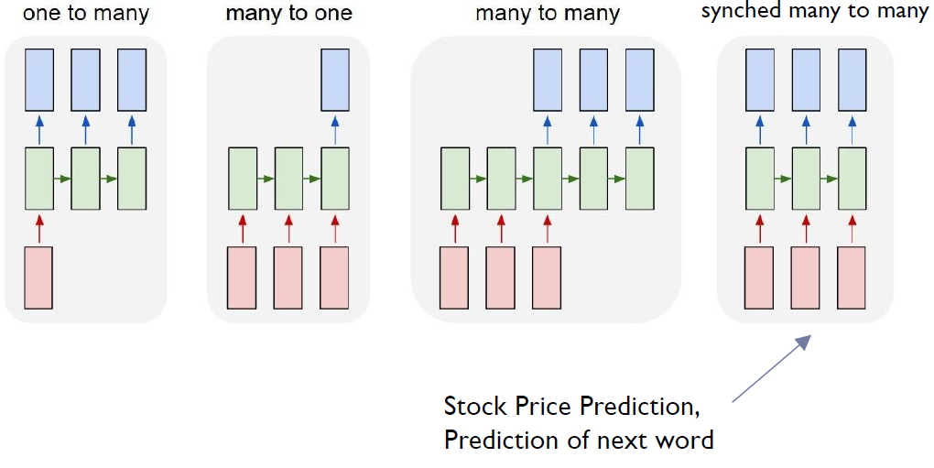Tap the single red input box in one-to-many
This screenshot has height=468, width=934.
click(38, 277)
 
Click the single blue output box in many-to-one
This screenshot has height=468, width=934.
click(334, 79)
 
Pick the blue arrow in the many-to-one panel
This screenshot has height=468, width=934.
click(334, 131)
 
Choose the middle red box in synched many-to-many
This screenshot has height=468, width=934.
click(806, 277)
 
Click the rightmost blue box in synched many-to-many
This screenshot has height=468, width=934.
click(853, 79)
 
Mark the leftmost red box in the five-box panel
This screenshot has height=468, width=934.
click(455, 277)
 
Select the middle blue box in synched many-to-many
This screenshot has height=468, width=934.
click(806, 79)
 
